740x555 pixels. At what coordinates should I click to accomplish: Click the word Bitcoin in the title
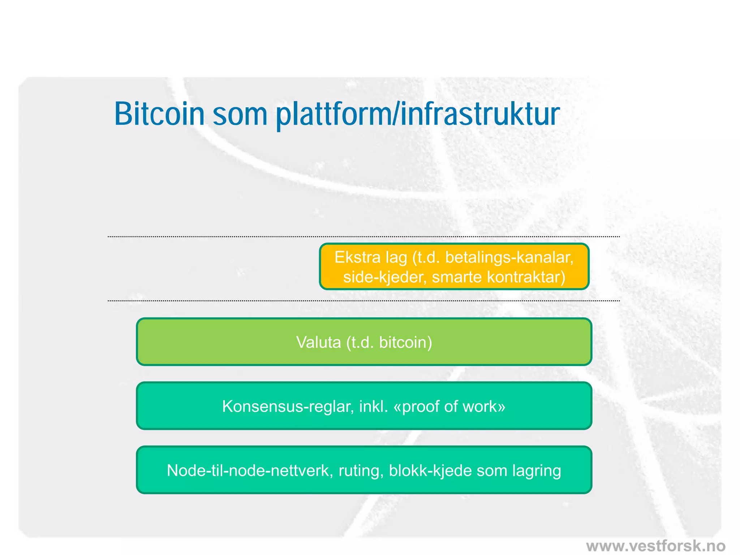click(x=159, y=114)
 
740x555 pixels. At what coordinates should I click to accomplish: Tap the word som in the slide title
click(x=240, y=115)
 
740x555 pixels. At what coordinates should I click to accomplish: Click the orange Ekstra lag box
click(x=454, y=267)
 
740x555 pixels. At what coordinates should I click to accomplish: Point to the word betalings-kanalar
click(x=509, y=258)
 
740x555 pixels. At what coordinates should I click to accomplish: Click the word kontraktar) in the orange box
click(x=526, y=277)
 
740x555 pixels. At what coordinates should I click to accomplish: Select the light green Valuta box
click(x=364, y=342)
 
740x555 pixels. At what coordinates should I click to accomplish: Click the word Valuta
click(x=318, y=342)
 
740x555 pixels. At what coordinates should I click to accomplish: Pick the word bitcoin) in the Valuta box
click(x=405, y=342)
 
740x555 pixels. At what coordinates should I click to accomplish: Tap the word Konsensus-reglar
click(x=288, y=406)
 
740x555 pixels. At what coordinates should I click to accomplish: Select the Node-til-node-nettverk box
click(x=364, y=470)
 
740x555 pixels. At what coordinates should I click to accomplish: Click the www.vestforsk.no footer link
click(x=655, y=546)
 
